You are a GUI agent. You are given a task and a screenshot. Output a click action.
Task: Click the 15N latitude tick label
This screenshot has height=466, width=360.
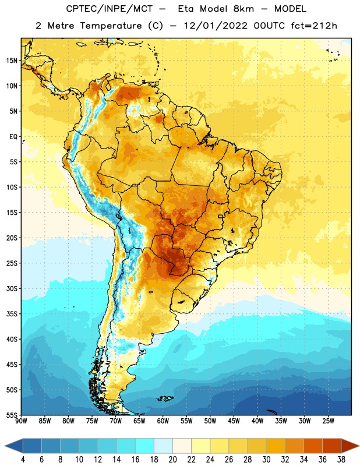(12, 61)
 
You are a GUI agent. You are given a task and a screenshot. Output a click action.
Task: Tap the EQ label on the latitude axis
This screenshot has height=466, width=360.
(13, 137)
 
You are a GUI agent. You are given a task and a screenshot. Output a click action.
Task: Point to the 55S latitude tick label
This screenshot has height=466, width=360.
(12, 415)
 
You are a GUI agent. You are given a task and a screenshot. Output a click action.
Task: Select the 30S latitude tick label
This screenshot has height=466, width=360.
(12, 288)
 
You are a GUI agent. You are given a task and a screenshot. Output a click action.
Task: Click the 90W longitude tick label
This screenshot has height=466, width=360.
(21, 421)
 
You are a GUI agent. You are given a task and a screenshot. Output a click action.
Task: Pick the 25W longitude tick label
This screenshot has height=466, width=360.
(328, 421)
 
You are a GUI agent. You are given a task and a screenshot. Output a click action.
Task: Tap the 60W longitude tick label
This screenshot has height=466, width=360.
(163, 421)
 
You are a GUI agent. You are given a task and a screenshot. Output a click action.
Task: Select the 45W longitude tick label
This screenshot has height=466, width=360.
(234, 421)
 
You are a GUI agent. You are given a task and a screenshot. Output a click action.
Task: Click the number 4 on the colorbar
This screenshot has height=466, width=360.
(23, 460)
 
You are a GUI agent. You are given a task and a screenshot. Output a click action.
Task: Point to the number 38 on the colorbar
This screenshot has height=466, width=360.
(341, 460)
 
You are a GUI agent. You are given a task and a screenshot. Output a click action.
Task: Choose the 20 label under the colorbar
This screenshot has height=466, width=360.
(172, 460)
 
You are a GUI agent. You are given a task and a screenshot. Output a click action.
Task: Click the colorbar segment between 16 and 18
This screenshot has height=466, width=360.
(145, 446)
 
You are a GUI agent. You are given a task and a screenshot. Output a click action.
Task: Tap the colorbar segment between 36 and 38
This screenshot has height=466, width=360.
(332, 446)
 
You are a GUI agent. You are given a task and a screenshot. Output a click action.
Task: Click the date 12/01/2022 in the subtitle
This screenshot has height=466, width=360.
(216, 26)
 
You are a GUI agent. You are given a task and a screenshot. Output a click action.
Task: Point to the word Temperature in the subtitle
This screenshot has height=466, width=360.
(111, 26)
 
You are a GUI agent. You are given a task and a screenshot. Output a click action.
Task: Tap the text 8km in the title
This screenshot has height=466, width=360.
(243, 9)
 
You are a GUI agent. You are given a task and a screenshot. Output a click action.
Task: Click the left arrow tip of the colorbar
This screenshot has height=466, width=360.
(5, 446)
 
